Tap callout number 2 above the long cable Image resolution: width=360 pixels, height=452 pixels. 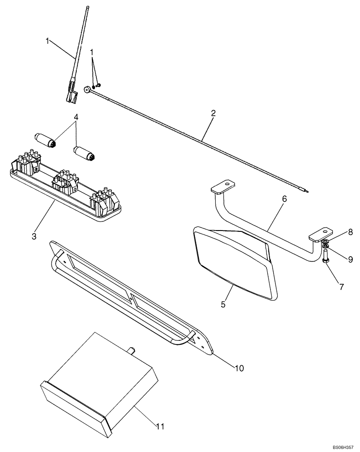point(213,113)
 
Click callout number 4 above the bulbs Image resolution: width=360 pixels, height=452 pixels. point(76,117)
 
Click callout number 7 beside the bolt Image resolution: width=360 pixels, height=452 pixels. point(342,287)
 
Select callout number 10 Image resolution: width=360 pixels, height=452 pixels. point(239,368)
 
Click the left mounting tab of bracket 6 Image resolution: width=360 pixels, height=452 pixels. point(222,186)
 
